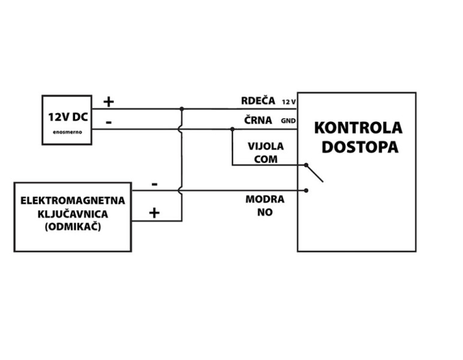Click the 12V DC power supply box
tap(67, 120)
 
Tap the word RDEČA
tap(258, 101)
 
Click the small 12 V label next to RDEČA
tap(289, 102)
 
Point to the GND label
tap(288, 121)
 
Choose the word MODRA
tap(264, 200)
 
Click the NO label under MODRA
tap(264, 212)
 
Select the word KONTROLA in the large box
tap(358, 128)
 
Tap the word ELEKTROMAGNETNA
tap(73, 200)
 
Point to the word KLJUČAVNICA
tap(73, 214)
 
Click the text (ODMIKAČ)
tap(73, 227)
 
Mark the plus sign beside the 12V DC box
tap(108, 101)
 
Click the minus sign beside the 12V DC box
tap(108, 122)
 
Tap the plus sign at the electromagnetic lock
tap(154, 212)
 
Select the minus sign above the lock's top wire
tap(155, 184)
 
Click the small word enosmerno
tap(67, 131)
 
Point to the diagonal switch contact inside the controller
tap(315, 173)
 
